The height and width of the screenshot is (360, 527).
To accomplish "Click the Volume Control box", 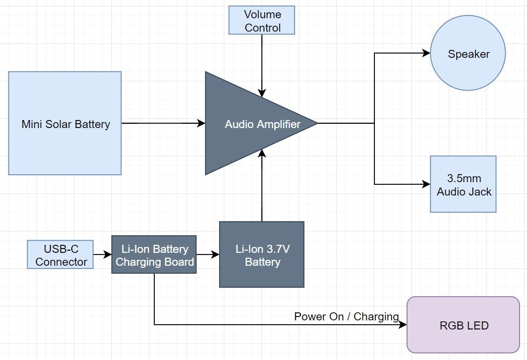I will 262,21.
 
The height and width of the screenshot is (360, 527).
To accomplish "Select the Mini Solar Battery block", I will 65,124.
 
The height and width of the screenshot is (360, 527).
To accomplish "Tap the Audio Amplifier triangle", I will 252,124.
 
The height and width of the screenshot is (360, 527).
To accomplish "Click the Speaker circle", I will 468,54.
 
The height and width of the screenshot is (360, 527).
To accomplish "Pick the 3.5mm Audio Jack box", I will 463,184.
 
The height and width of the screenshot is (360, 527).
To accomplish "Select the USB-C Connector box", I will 61,255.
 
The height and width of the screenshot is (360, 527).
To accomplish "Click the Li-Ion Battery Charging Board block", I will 153,255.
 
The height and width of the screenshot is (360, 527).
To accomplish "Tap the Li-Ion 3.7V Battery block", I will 261,255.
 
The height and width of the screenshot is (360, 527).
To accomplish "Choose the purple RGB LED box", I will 463,325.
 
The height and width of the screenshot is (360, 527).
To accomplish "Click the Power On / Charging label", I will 347,317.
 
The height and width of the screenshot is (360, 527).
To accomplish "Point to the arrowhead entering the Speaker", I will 427,53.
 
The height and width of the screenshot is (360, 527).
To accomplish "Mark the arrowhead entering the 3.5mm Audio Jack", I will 427,184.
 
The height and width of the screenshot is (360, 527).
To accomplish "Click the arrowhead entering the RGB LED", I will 404,325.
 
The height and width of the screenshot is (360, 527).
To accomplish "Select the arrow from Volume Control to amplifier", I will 262,64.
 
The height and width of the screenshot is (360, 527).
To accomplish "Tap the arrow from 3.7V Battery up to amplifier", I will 262,185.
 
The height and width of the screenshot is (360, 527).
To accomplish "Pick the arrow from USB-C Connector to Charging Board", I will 102,255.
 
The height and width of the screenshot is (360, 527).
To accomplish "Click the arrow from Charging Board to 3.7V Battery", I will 207,255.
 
